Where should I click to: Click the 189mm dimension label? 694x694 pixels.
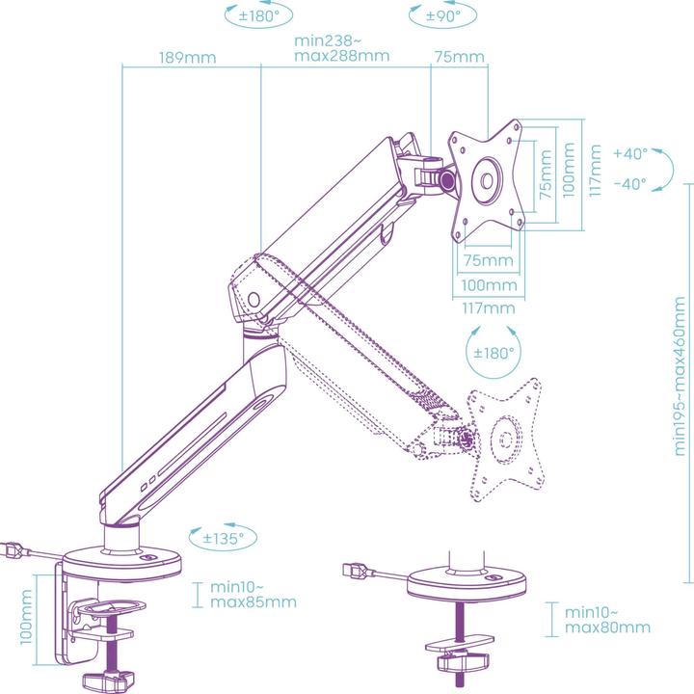coord(188,58)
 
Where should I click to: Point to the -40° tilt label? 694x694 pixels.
coord(630,184)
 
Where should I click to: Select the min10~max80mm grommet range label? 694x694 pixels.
coord(607,620)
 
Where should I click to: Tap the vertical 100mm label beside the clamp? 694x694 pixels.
coord(27,617)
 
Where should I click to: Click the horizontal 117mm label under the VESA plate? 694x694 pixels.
coord(488,308)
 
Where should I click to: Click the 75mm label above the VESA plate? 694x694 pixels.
coord(459,58)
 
